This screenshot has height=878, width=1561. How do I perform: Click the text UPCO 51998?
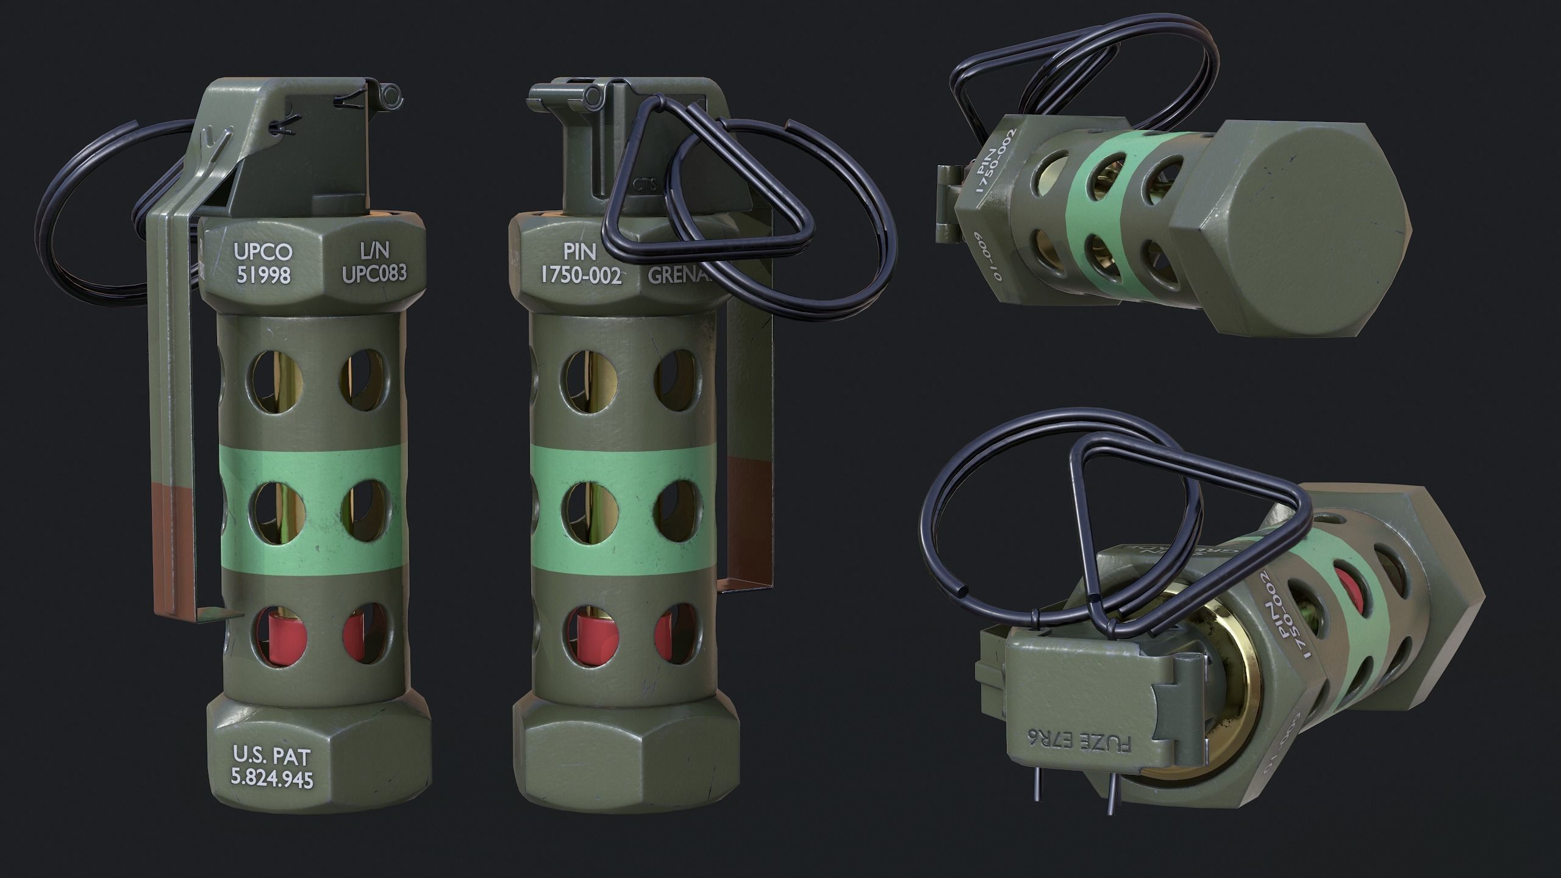click(263, 263)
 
